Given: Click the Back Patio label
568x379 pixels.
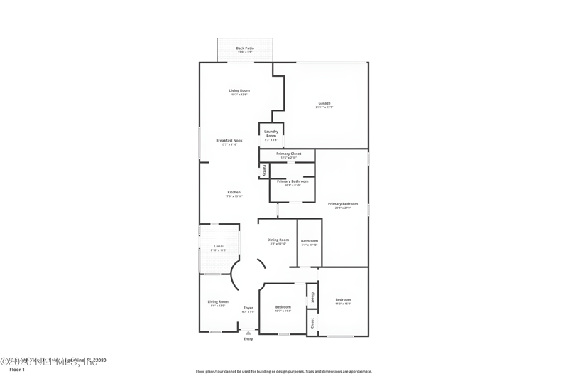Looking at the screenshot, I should (245, 48).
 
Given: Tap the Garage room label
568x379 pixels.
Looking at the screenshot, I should (324, 104).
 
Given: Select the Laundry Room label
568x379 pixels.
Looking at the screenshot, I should (271, 134).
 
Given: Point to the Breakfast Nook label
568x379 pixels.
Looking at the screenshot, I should (229, 141).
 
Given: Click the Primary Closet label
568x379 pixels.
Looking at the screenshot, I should (289, 154).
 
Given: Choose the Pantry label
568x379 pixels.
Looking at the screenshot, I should (265, 170).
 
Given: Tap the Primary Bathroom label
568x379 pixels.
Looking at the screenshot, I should (293, 181).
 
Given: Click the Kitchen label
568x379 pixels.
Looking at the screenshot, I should (234, 193).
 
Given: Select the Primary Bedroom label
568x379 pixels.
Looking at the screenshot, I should (343, 205).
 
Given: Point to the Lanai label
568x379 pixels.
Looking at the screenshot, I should (219, 247).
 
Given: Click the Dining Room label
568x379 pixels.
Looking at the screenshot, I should (278, 240).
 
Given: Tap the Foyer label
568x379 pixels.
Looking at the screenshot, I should (248, 308).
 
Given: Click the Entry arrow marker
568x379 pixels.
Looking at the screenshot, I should (248, 332).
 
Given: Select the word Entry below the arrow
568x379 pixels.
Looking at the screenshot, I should (248, 339).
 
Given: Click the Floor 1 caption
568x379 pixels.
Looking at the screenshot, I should (17, 370).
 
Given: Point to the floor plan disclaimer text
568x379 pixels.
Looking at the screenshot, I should (283, 371).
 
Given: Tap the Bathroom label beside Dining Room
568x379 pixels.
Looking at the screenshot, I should (310, 241).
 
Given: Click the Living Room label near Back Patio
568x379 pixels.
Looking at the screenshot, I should (239, 90).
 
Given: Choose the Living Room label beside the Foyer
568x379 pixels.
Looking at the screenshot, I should (218, 302).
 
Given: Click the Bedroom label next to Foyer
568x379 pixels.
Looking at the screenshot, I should (283, 307).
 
